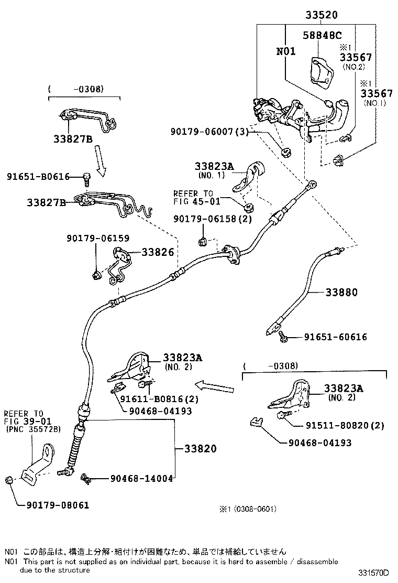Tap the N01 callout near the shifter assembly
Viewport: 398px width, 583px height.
tap(286, 51)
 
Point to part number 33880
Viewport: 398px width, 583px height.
tap(341, 292)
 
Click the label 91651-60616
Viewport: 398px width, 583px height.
tap(336, 337)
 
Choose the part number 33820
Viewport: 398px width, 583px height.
tap(200, 449)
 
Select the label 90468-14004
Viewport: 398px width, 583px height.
tap(141, 478)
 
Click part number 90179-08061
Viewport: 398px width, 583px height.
tap(58, 505)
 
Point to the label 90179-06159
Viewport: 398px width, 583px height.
tap(97, 237)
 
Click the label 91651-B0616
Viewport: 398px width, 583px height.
tap(38, 177)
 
